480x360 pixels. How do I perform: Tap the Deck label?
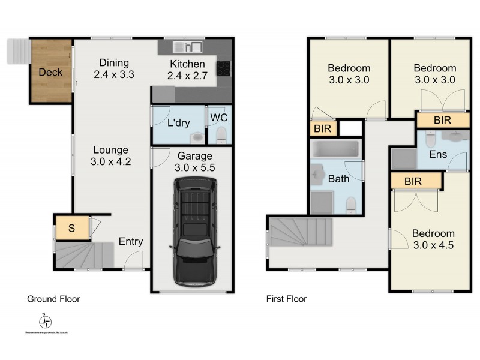(50, 73)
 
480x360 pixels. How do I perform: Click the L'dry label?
(178, 124)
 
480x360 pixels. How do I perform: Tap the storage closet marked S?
(71, 228)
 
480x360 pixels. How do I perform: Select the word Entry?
(130, 242)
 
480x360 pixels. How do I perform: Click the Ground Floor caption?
(53, 298)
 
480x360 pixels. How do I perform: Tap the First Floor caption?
(286, 298)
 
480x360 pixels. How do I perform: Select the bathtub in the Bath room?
(336, 149)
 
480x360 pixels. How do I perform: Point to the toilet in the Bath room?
(352, 205)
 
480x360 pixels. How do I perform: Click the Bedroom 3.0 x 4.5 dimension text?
(434, 239)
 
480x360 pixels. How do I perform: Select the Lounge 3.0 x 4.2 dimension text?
(111, 155)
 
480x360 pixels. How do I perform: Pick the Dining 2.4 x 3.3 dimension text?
(113, 70)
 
